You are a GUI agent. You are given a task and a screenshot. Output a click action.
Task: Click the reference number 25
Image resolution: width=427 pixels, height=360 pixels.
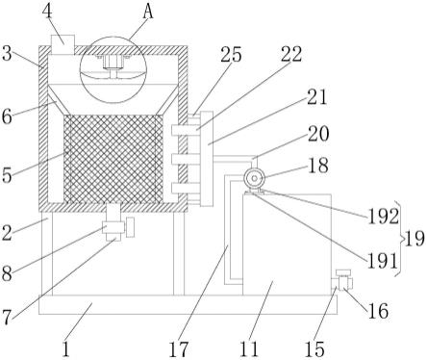pos(231,55)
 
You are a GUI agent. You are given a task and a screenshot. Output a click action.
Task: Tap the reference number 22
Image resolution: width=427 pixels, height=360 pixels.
pos(291,54)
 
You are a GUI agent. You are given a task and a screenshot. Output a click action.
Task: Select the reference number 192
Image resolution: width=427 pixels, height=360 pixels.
pos(383,217)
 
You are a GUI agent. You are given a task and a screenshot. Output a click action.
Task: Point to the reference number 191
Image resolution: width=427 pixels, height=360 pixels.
pos(382,261)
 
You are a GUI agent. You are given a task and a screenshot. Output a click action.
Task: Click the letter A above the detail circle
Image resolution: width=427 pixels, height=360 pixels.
pos(148,13)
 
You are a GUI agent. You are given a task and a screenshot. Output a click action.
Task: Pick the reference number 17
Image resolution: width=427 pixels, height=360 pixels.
pos(178,349)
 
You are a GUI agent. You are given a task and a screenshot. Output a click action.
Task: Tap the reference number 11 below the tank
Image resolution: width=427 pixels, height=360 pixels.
pos(249,349)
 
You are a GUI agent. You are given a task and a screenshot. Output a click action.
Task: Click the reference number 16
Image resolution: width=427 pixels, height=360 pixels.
pos(378,311)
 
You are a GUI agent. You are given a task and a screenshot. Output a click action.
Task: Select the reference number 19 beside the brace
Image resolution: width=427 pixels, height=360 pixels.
pos(414,239)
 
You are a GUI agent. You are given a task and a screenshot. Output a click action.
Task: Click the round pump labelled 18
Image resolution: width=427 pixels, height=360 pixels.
pos(254,178)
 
